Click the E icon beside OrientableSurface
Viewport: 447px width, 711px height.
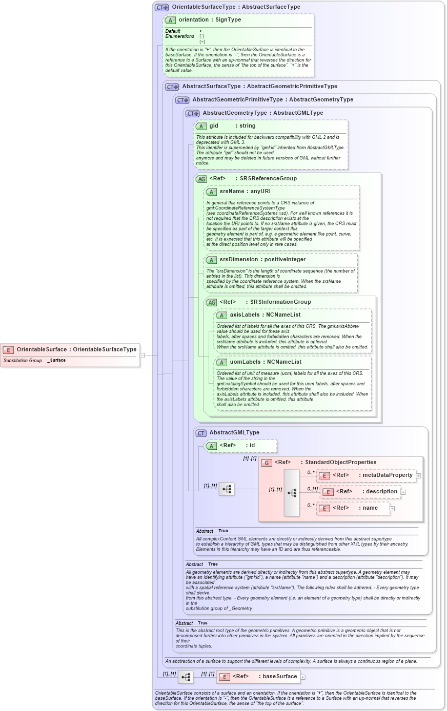(8, 350)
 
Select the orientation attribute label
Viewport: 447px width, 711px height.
(193, 19)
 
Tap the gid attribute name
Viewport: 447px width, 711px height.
(214, 126)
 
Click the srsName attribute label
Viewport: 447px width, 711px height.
(232, 191)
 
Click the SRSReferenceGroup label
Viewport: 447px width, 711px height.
(268, 178)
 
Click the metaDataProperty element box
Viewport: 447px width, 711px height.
(365, 475)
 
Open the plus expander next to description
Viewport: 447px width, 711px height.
(403, 492)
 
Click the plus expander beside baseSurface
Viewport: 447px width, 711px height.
(303, 677)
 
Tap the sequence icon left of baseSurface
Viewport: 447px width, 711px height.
(186, 677)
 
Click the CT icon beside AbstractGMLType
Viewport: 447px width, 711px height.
(201, 433)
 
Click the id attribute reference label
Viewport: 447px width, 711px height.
(252, 445)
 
